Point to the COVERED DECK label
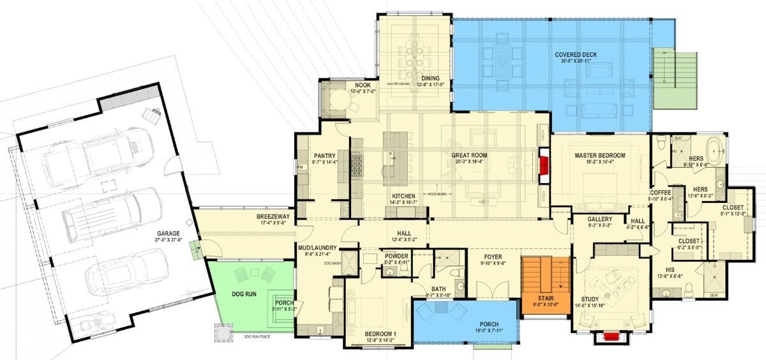pos(575,55)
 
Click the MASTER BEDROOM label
pos(599,156)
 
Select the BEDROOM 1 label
pos(380,333)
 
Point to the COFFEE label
pos(661,192)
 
